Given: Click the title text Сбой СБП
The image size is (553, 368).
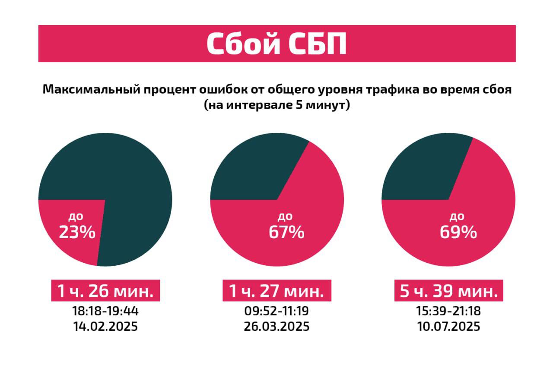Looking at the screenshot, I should [276, 44].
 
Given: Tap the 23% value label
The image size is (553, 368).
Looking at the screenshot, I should [77, 233].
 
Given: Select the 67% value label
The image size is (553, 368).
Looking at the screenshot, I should [286, 233].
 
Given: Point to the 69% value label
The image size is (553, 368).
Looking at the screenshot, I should [458, 233].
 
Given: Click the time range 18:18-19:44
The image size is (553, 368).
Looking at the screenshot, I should [105, 311].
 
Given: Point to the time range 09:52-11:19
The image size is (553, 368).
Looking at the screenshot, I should [276, 311].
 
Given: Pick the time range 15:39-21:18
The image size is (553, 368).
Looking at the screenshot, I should [448, 311].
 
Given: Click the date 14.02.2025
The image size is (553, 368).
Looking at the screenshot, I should [105, 326].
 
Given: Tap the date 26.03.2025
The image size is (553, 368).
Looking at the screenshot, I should [276, 326].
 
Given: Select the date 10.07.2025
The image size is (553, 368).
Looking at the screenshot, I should [448, 326].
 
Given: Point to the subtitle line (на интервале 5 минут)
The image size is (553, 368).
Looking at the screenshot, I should [276, 106].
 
